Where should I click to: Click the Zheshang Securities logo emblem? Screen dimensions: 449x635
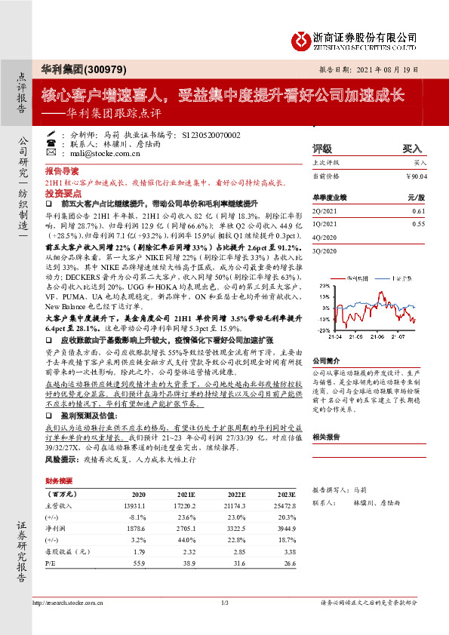click(x=301, y=39)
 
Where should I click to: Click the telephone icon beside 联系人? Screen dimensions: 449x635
click(x=51, y=143)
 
